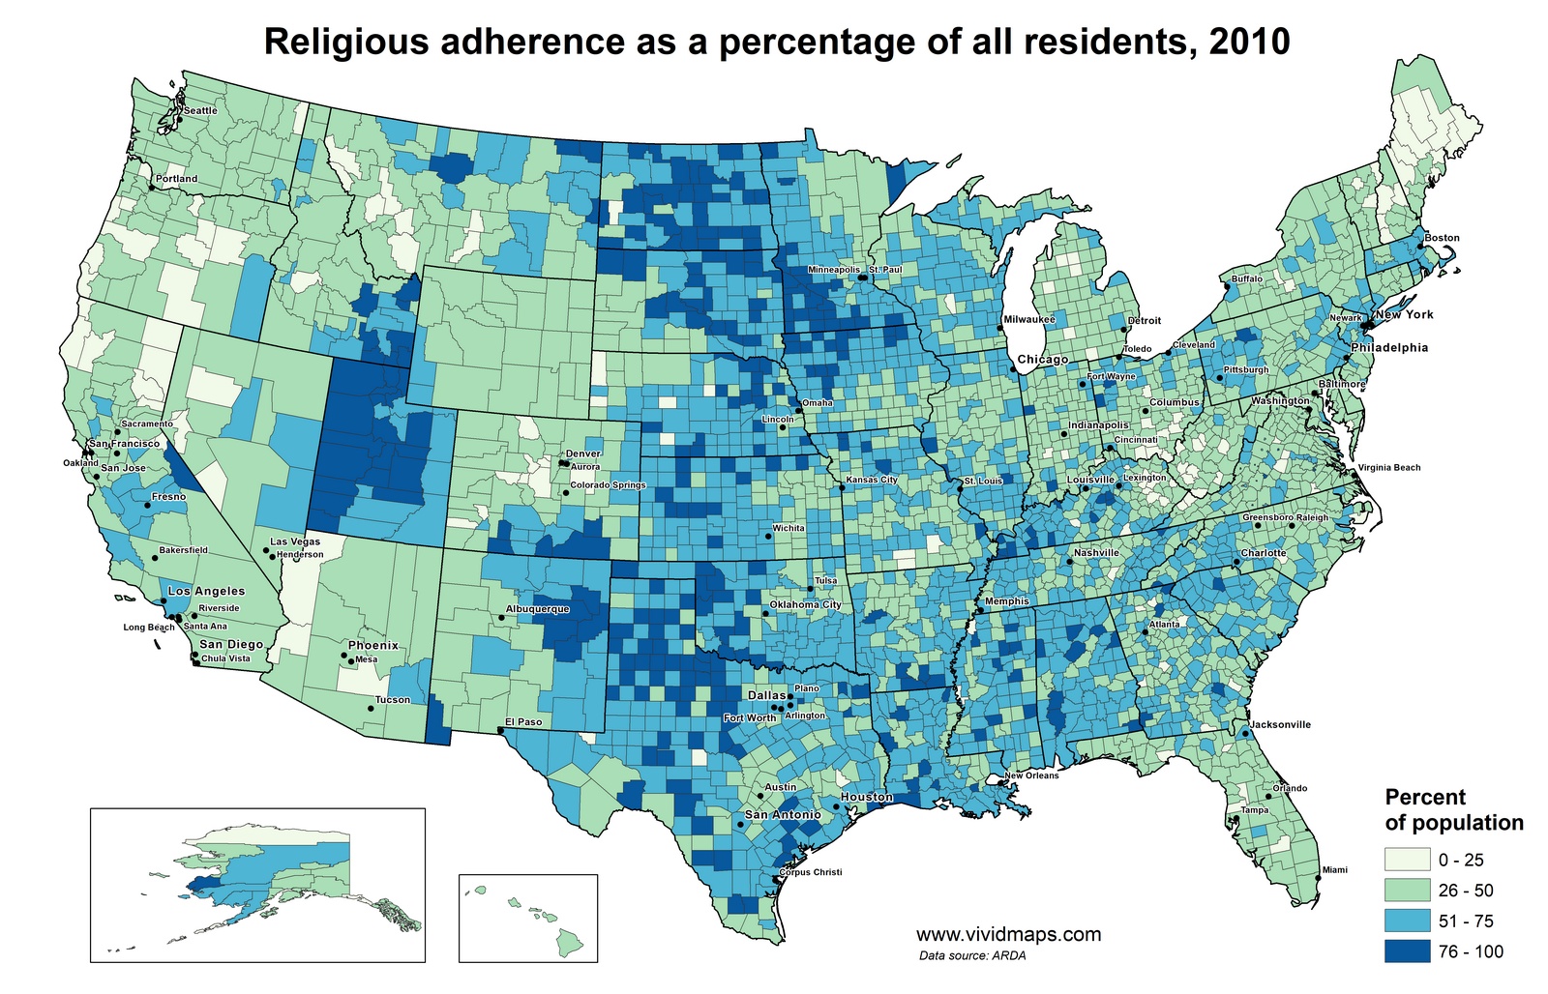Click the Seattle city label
[x=200, y=110]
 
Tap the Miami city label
[x=1334, y=870]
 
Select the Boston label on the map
[x=1442, y=238]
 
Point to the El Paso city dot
[x=500, y=731]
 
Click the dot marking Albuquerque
[x=501, y=617]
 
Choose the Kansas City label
[x=872, y=480]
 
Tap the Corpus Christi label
[x=810, y=872]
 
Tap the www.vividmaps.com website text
[x=1008, y=935]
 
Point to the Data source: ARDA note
[x=972, y=955]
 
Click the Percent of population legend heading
[x=1454, y=810]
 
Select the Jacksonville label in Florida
[x=1280, y=724]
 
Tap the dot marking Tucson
[x=371, y=709]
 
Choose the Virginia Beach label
[x=1389, y=468]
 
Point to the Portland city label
[x=176, y=179]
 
